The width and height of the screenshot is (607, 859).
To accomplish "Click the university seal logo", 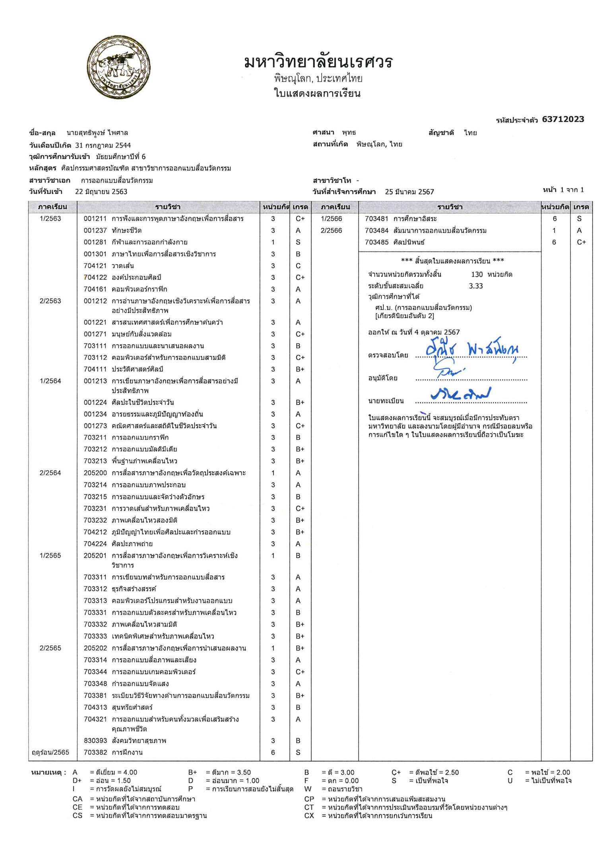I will (x=119, y=67).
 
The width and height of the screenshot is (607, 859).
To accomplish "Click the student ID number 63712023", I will (x=562, y=119).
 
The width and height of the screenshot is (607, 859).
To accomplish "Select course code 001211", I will (x=95, y=219).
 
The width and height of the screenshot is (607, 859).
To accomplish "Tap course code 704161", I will (x=95, y=289).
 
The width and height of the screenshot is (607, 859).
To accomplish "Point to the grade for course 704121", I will (x=298, y=266).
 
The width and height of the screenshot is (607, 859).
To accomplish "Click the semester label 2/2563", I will (x=50, y=301).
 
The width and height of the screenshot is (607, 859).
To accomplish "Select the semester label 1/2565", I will (x=50, y=556).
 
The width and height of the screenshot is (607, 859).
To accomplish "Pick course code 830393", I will (x=95, y=741).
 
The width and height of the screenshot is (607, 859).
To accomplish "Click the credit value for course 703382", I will (x=273, y=752).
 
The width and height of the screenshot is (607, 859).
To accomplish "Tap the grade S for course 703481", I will (x=579, y=219).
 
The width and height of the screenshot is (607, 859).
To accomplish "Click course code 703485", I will (x=376, y=242).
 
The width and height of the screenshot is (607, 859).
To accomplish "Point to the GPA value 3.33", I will (x=476, y=286).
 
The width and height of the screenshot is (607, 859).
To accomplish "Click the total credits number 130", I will (x=477, y=275).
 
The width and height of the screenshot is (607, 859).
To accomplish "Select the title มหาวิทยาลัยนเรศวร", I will (x=318, y=62).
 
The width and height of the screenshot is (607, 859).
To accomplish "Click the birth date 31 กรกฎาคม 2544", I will (x=103, y=146).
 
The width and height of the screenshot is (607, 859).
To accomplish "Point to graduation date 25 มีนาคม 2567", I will (x=409, y=192).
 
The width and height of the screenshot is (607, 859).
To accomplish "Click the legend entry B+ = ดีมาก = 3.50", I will (x=219, y=773).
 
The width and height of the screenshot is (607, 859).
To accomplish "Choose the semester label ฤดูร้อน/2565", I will (x=50, y=752).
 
